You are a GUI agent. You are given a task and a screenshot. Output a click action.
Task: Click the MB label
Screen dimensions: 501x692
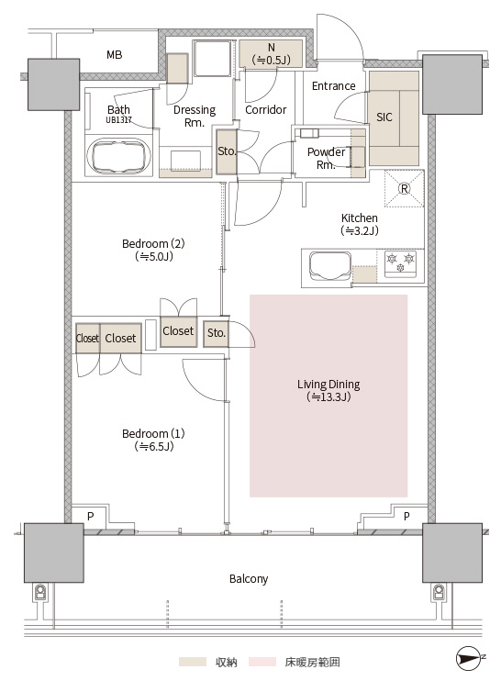click(115, 55)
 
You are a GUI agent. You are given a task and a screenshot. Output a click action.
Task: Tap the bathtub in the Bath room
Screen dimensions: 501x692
click(119, 156)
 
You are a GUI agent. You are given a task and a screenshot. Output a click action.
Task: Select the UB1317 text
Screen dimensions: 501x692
click(118, 119)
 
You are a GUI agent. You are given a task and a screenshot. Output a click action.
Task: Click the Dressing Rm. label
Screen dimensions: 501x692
click(195, 116)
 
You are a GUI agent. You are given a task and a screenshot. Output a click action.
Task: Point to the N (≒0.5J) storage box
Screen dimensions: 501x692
click(271, 54)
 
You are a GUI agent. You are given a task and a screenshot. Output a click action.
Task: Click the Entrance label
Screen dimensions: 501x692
click(333, 85)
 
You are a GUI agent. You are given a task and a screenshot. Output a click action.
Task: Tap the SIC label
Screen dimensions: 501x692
click(384, 117)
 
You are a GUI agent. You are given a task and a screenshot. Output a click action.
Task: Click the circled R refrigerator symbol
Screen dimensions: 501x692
click(404, 188)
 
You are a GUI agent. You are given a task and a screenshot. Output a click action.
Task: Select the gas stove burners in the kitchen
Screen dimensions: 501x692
click(401, 263)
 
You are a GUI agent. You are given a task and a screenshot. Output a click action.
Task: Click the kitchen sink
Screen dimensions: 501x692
click(330, 266)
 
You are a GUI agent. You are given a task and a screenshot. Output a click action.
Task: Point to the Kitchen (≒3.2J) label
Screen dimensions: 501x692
click(360, 224)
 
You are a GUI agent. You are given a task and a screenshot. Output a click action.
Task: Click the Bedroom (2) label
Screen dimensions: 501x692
click(153, 250)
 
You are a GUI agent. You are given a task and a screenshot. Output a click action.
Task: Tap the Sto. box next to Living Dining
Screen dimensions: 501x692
click(217, 333)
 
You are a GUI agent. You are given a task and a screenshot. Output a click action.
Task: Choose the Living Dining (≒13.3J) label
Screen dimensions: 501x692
click(328, 390)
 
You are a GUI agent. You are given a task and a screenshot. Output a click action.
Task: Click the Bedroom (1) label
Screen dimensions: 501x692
click(153, 440)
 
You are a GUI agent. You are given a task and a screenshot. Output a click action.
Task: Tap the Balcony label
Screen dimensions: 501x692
click(249, 578)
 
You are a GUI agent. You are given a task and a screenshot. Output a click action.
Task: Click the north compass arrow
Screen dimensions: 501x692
click(469, 658)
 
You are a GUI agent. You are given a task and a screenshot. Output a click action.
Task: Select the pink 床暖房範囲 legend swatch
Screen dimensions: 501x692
click(262, 662)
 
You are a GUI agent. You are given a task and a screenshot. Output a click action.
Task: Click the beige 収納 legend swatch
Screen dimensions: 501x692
click(193, 662)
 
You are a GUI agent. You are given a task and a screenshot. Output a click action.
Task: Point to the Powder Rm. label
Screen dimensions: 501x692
click(326, 159)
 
